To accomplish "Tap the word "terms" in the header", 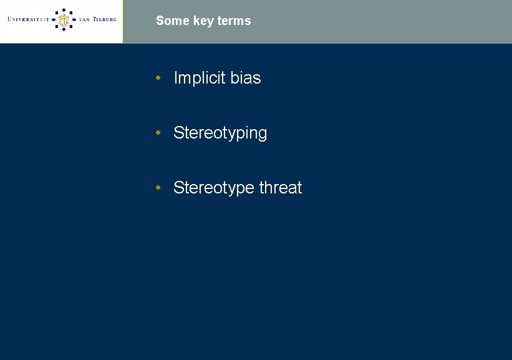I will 235,21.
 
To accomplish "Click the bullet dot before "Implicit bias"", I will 160,78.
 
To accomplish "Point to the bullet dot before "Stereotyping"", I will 160,133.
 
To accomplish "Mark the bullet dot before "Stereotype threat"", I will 160,188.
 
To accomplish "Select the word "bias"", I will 246,78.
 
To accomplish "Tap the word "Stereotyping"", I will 220,134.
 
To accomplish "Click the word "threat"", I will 281,188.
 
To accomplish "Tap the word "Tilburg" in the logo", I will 105,20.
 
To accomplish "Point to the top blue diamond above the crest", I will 63,9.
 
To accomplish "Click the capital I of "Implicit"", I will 176,78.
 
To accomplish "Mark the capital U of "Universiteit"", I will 10,20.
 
